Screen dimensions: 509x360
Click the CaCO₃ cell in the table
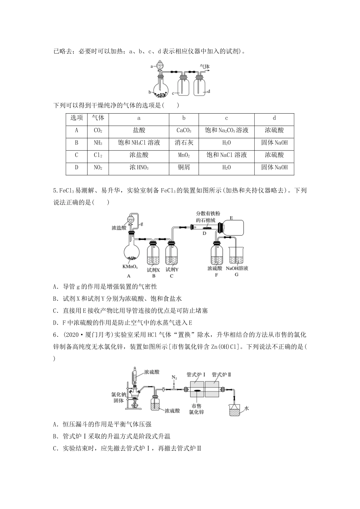click(x=184, y=131)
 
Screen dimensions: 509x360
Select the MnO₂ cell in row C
click(x=184, y=155)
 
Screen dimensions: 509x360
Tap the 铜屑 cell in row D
click(x=184, y=167)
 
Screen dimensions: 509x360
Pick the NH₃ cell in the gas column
click(x=98, y=143)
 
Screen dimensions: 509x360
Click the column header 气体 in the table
click(x=98, y=118)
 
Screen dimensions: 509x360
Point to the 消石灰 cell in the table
click(x=184, y=143)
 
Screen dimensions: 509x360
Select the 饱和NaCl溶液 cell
click(x=226, y=155)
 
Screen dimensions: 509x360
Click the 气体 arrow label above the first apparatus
click(x=205, y=67)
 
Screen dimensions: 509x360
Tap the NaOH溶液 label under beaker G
click(x=237, y=269)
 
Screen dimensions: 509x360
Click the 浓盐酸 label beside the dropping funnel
click(x=119, y=228)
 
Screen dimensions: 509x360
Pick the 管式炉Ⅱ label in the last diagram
click(x=222, y=375)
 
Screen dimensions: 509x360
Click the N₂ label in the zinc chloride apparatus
click(x=174, y=377)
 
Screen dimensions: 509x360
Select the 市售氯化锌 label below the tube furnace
click(x=196, y=409)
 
